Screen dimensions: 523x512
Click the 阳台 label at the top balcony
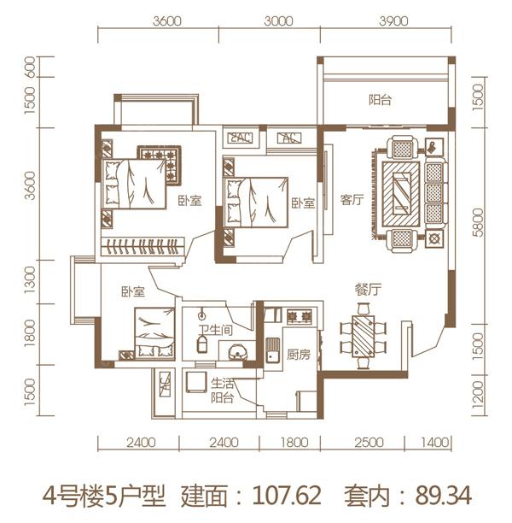[381, 100]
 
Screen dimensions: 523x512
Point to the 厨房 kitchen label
[298, 355]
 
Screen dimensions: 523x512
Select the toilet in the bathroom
[202, 344]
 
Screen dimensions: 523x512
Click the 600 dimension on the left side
[30, 68]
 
